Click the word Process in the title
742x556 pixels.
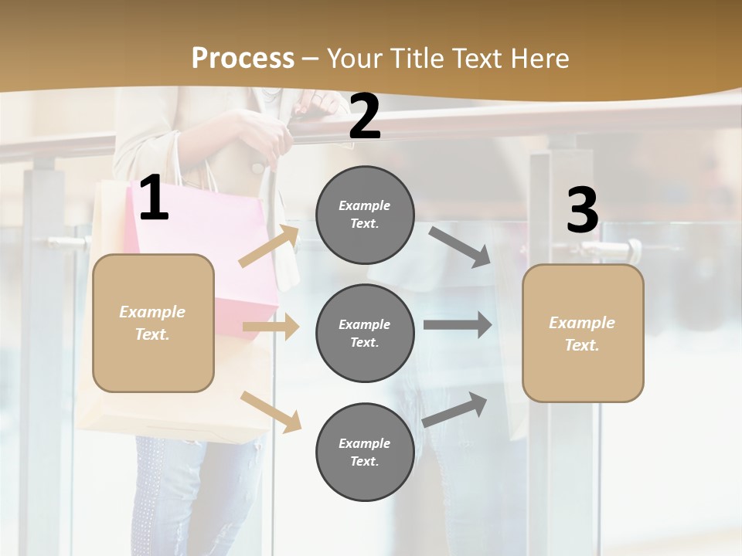243,59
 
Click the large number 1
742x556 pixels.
154,198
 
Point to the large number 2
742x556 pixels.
365,117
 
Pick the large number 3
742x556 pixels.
582,211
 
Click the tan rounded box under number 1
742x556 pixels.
153,323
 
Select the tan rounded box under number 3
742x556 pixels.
583,334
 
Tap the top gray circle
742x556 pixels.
365,215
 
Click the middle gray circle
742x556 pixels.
365,333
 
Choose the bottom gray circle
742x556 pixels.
365,452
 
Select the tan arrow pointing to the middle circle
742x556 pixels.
271,327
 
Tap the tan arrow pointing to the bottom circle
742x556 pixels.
271,411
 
